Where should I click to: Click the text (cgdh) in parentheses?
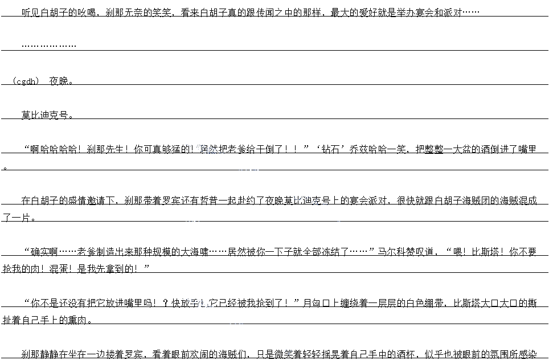pyautogui.click(x=26, y=81)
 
